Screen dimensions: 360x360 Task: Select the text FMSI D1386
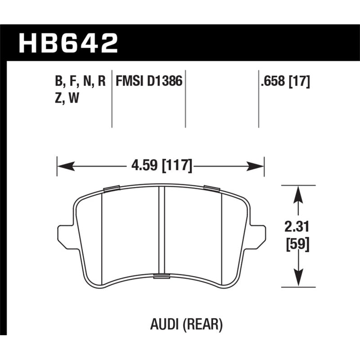[148, 81]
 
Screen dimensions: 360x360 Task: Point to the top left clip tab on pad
[111, 188]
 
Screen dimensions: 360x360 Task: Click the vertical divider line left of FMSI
[112, 99]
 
